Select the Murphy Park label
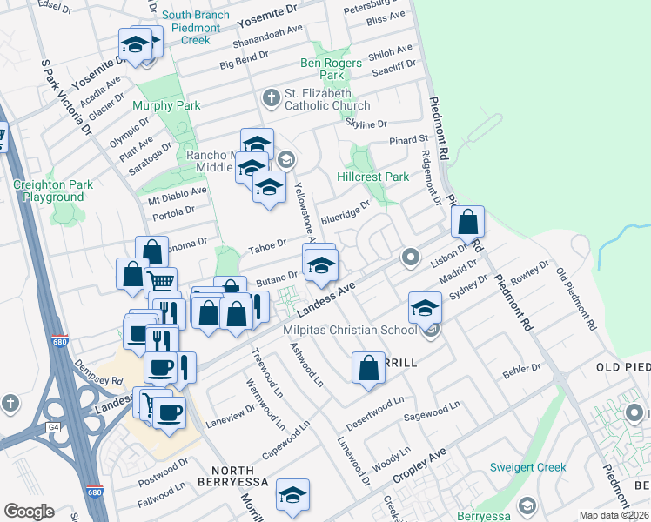point(166,106)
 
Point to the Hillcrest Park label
point(372,177)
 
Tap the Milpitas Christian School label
point(350,331)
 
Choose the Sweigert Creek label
point(527,467)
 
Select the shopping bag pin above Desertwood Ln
point(368,366)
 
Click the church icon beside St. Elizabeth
point(271,97)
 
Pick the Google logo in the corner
point(29,512)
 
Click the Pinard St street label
point(410,139)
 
